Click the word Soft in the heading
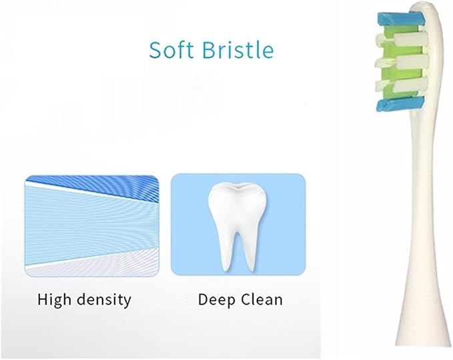170,50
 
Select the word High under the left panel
54,300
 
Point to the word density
104,300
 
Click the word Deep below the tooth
216,300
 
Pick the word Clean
262,299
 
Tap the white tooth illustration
238,227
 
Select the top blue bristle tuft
401,19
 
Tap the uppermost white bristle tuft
402,39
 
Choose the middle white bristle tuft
402,61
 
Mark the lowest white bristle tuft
402,85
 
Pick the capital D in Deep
203,299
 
